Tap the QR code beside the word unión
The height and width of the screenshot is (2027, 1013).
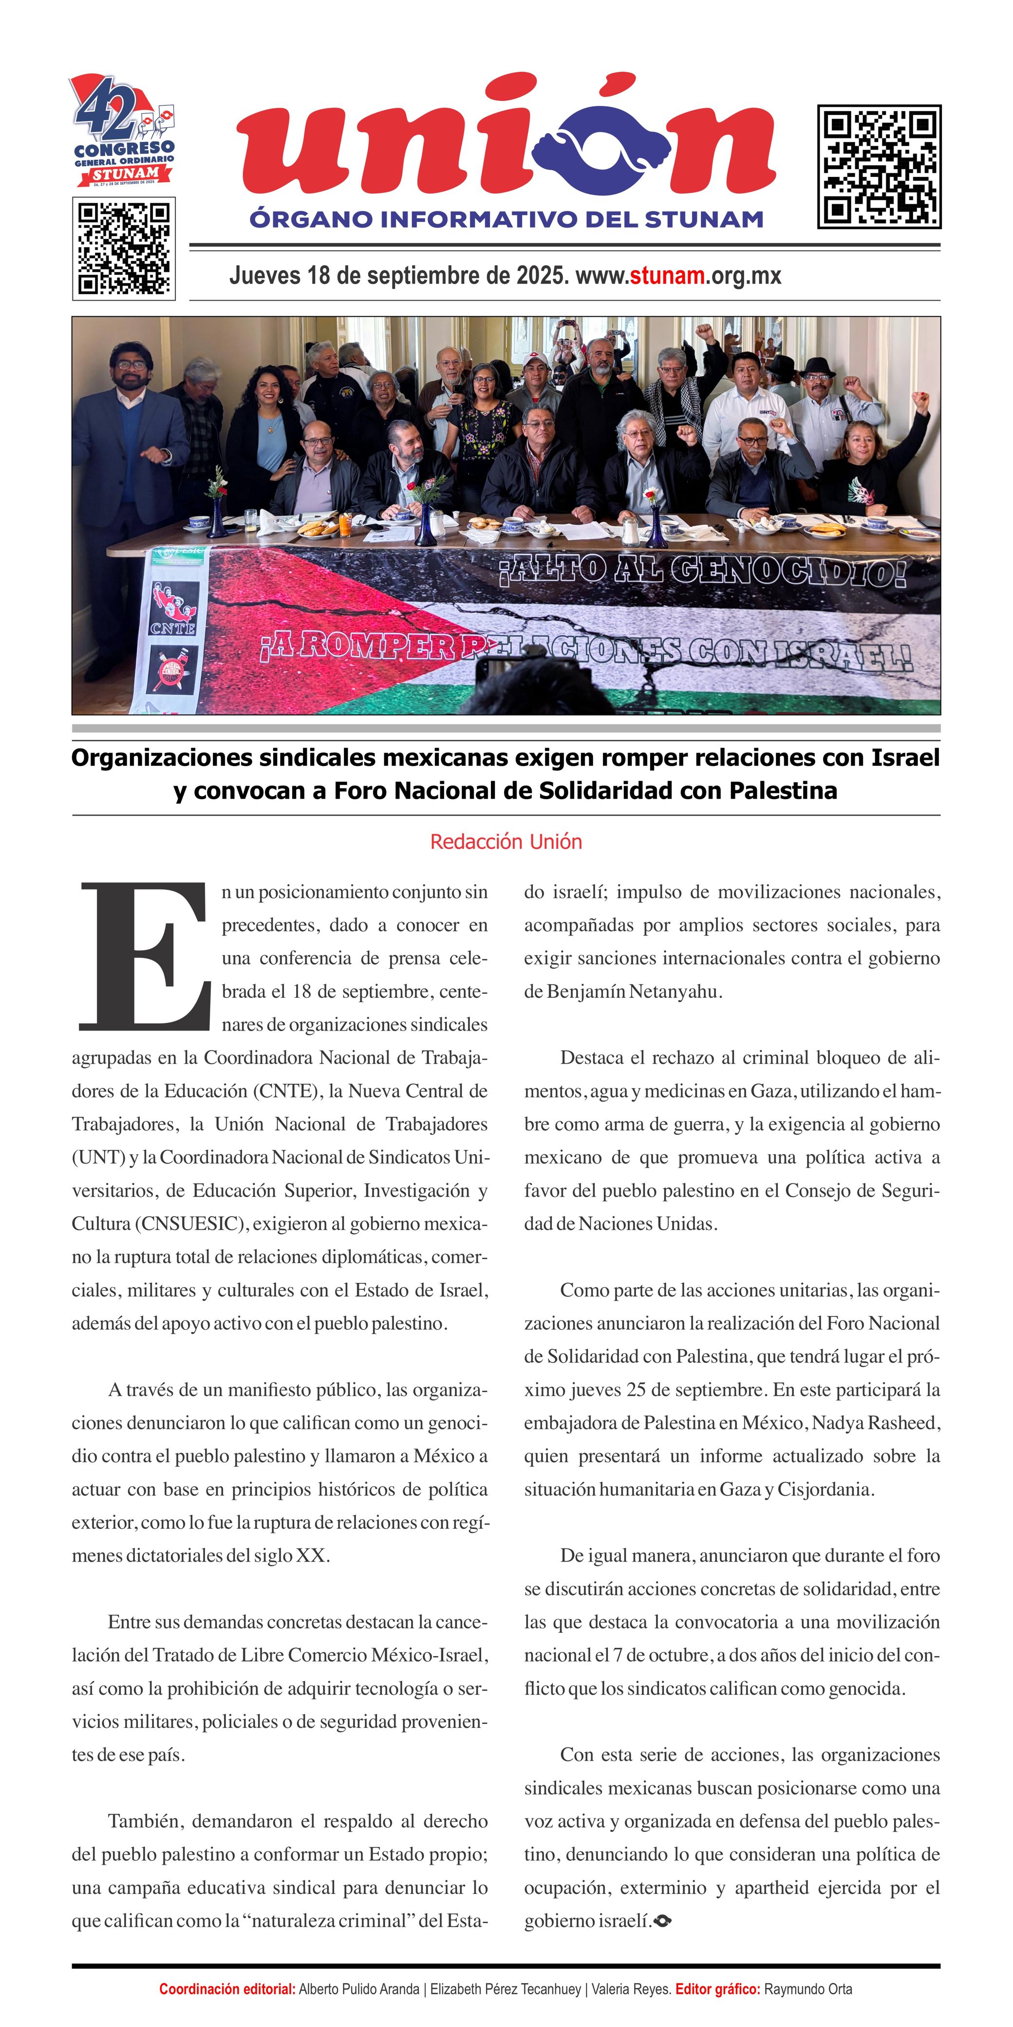coord(879,167)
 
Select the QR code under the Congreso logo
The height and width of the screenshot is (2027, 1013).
coord(124,249)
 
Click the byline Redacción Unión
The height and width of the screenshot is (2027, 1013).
coord(506,842)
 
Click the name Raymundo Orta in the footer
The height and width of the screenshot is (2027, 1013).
coord(808,1989)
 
